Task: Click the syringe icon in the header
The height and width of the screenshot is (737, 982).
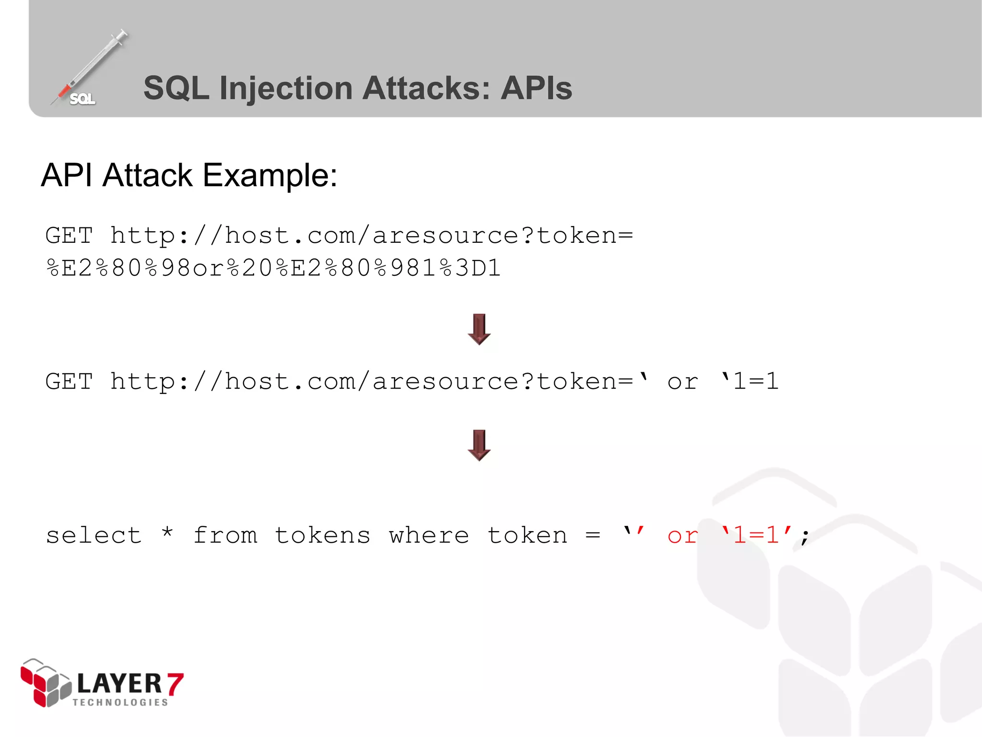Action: click(x=89, y=67)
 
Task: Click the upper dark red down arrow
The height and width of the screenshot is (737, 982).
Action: click(x=479, y=329)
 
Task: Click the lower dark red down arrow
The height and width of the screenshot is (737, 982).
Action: click(x=479, y=445)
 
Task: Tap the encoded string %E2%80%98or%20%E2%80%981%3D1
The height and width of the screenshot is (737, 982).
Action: click(x=273, y=268)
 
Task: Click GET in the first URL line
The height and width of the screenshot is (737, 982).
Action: click(x=69, y=236)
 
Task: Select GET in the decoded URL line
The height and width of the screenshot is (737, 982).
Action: click(x=69, y=382)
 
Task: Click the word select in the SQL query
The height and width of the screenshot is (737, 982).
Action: click(x=94, y=535)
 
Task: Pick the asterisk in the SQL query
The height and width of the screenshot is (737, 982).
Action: click(x=167, y=533)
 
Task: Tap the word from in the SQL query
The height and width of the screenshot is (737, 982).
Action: click(x=225, y=535)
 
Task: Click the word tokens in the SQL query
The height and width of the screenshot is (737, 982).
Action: click(x=323, y=535)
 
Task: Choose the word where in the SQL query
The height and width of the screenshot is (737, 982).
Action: click(x=429, y=535)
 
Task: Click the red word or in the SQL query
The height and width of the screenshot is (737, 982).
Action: click(x=682, y=535)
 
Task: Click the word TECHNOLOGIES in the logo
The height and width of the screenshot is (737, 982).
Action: click(x=120, y=702)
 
